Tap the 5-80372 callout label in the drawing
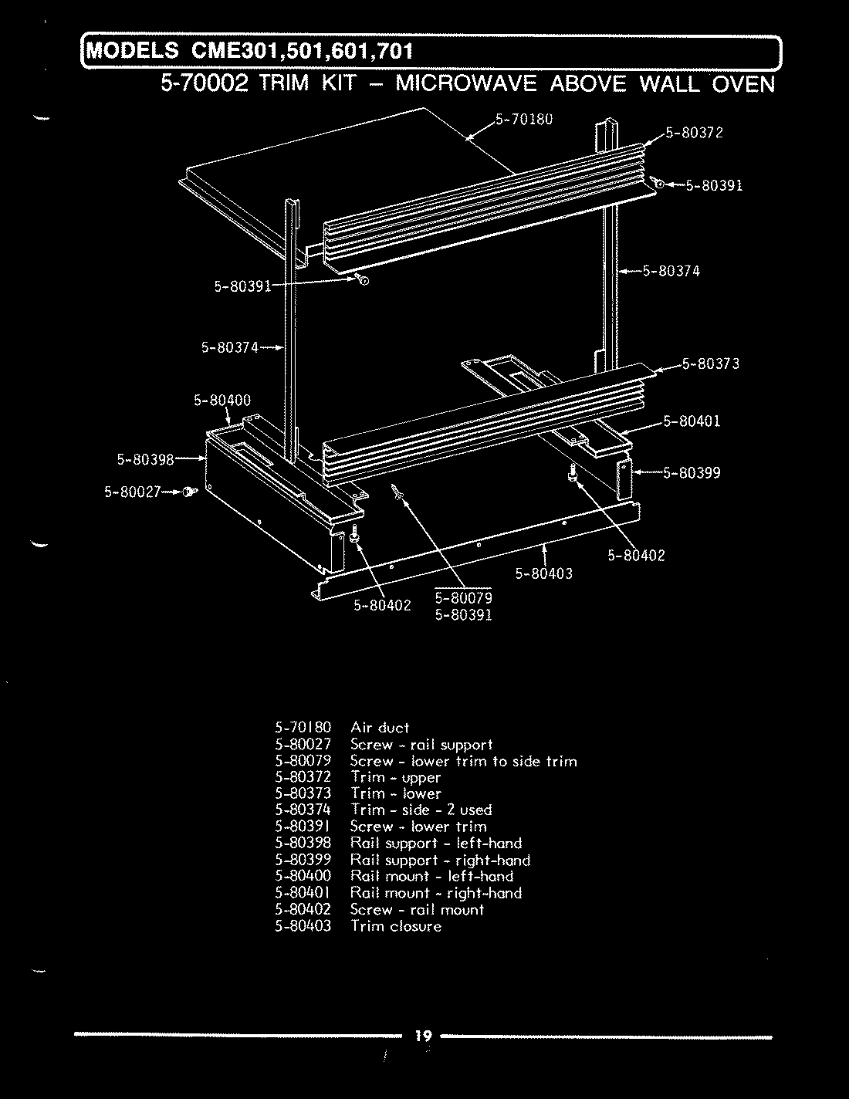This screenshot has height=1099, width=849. pos(694,132)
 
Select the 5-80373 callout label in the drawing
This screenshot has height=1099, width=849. pos(711,364)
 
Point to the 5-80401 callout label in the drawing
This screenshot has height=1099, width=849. pos(692,421)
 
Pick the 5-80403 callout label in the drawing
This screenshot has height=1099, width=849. pos(544,573)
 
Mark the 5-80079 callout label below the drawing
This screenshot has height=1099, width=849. pos(463,598)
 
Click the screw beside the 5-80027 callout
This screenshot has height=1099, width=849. pos(189,492)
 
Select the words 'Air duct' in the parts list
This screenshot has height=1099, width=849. pos(380,727)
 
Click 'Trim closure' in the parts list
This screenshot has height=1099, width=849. pos(396,926)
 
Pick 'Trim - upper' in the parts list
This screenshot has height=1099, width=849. pos(396,777)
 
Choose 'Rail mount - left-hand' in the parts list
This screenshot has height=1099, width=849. pos(432,876)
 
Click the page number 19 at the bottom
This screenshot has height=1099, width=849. pos(423,1036)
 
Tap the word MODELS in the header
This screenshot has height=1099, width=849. pos(132,52)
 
